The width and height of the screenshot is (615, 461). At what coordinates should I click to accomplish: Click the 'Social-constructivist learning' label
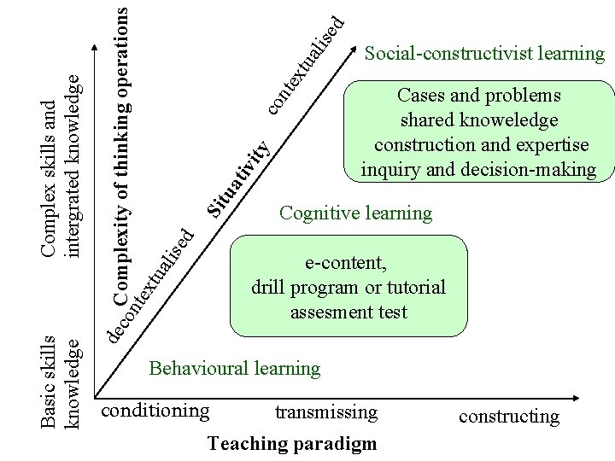click(x=484, y=55)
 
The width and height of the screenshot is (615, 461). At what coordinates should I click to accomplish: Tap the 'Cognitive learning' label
click(x=355, y=213)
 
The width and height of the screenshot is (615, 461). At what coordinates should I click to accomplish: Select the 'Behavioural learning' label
click(x=234, y=369)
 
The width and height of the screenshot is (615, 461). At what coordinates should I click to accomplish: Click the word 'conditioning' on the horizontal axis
click(x=155, y=411)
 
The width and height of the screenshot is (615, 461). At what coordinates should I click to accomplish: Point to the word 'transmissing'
click(x=325, y=412)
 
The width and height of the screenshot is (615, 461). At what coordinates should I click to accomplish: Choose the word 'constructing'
click(x=509, y=417)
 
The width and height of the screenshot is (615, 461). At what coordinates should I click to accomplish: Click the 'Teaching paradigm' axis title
click(x=291, y=443)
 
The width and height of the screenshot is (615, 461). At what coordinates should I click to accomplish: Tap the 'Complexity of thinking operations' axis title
click(x=122, y=154)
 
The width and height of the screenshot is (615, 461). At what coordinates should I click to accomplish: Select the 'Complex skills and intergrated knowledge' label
click(x=62, y=166)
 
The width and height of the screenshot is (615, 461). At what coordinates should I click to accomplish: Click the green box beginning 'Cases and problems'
click(x=479, y=132)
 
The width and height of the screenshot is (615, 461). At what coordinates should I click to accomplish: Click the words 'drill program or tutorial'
click(x=348, y=288)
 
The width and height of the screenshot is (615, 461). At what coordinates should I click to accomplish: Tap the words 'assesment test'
click(x=348, y=312)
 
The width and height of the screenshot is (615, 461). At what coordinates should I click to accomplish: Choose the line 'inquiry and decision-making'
click(x=478, y=170)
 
